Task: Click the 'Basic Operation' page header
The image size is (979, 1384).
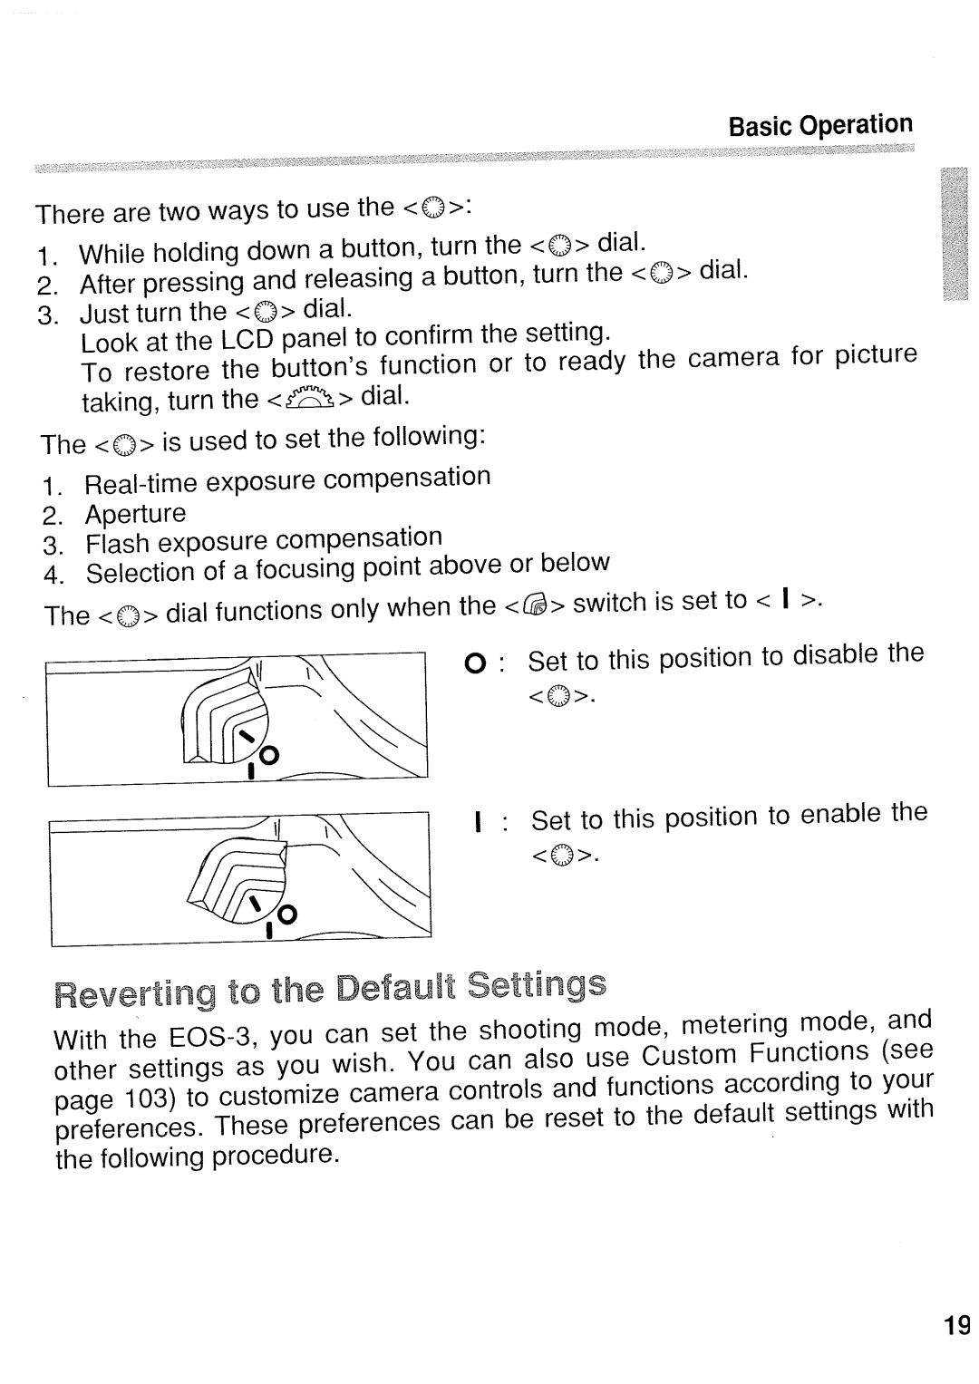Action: pos(820,125)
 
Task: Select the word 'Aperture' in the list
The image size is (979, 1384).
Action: pos(135,514)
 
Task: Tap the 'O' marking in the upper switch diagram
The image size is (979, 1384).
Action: pos(270,754)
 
